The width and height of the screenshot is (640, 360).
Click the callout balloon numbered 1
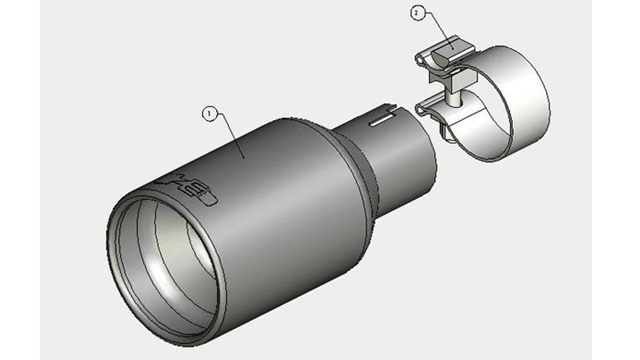pos(210,114)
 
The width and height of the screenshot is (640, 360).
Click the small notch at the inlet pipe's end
pos(389,106)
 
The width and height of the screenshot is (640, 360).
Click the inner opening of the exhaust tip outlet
pos(168,263)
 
